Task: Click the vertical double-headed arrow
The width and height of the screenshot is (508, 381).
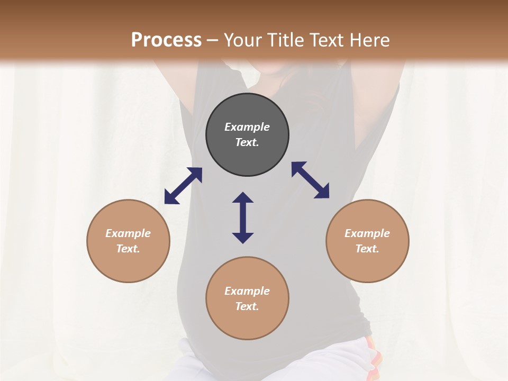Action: point(243,217)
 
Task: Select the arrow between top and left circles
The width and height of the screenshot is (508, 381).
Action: point(183,186)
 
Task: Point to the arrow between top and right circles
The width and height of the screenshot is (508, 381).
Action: point(310,180)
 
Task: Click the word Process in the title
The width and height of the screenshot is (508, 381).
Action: point(166,40)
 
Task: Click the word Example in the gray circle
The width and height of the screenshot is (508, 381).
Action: point(247,127)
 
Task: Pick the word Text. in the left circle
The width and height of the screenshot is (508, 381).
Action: point(128,249)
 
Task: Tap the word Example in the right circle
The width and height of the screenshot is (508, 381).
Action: point(367,233)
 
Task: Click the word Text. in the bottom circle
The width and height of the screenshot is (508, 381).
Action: point(247,306)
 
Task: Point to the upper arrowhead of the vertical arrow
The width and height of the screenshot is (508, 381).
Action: point(243,197)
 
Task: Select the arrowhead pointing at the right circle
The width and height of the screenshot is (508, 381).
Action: point(322,192)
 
